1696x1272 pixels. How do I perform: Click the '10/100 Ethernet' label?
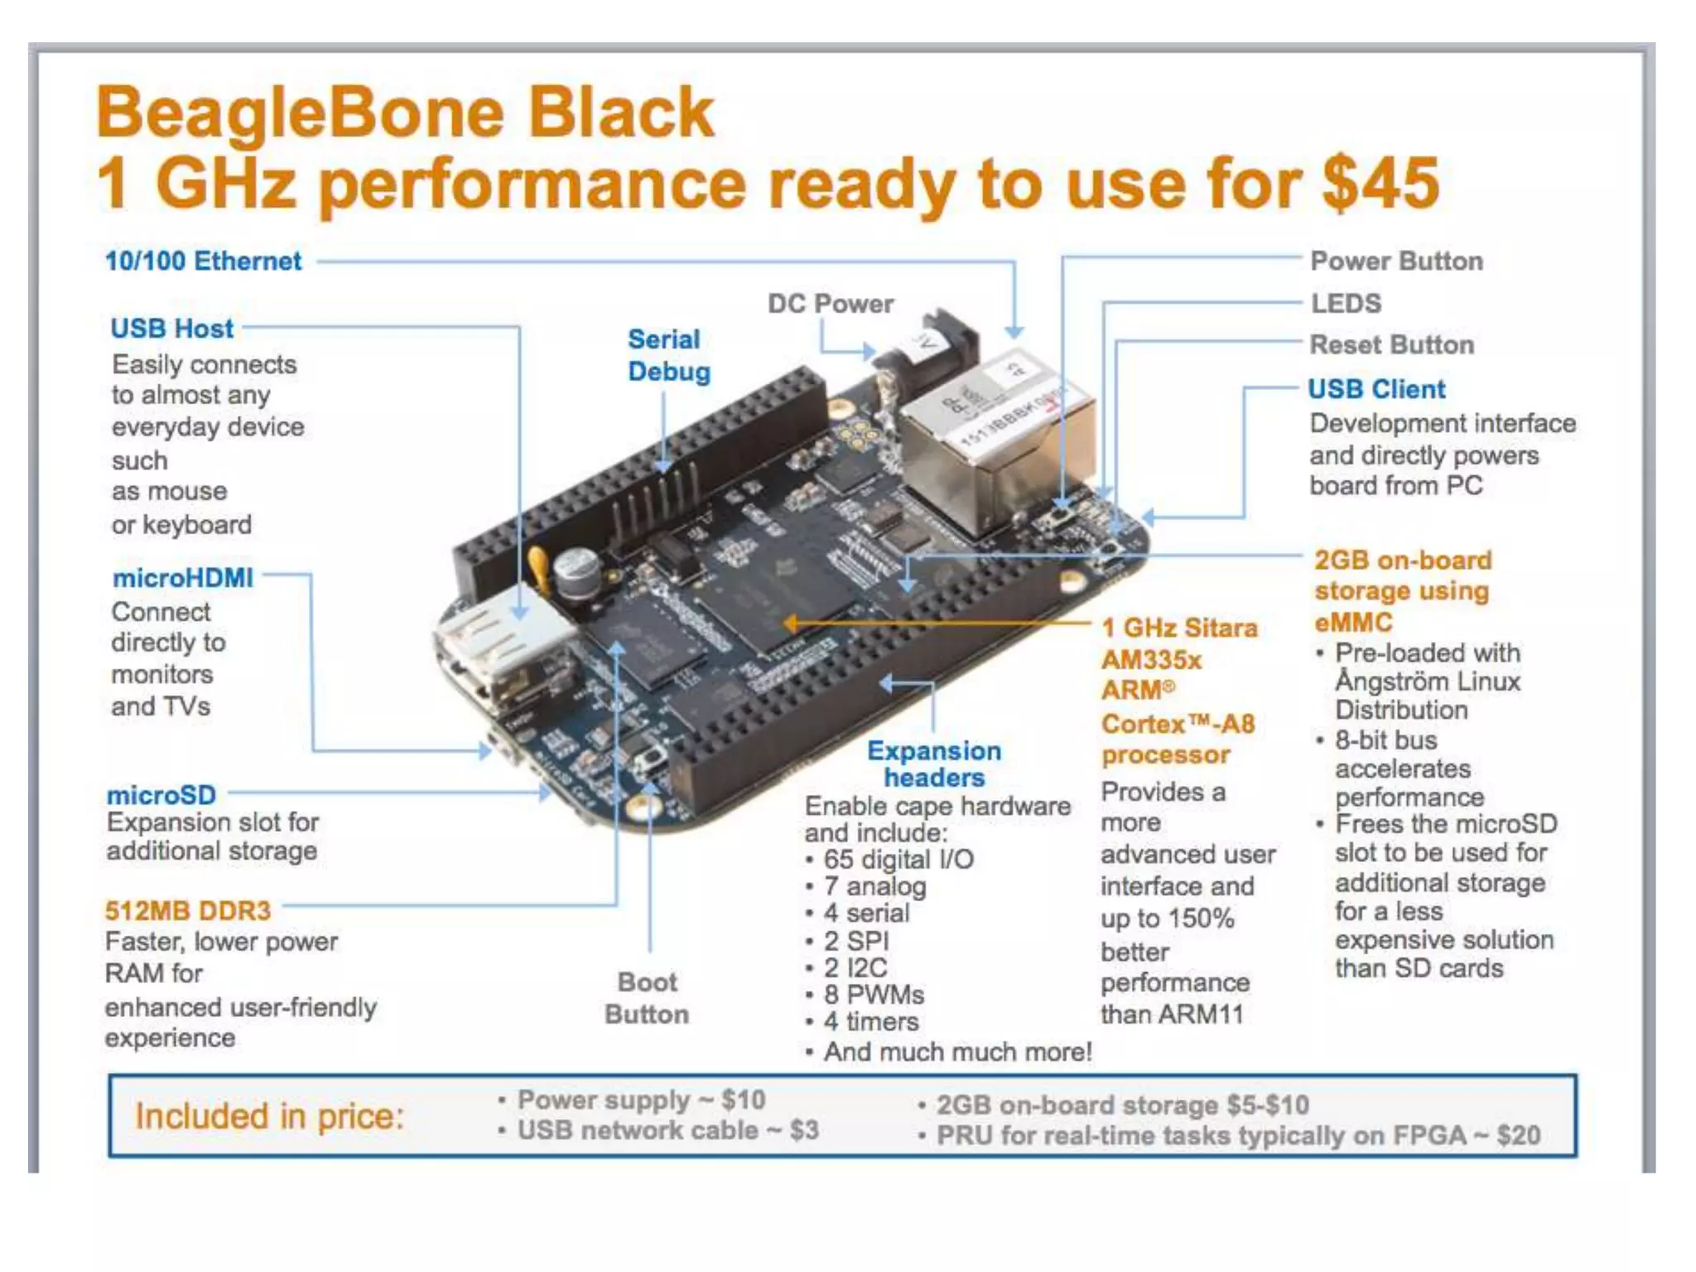click(x=203, y=262)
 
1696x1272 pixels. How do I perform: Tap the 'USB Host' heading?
click(x=172, y=329)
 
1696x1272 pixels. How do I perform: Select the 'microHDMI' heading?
click(x=183, y=578)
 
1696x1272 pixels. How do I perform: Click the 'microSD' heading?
click(x=161, y=795)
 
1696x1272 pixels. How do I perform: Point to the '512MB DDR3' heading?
click(x=188, y=911)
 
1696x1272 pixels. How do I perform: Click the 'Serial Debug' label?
click(x=668, y=355)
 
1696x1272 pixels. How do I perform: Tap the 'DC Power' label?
click(x=831, y=304)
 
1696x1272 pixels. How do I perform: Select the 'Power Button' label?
click(x=1396, y=262)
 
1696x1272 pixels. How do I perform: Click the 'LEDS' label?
click(x=1346, y=304)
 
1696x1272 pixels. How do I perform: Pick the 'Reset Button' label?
click(x=1391, y=345)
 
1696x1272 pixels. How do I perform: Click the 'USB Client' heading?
click(x=1376, y=389)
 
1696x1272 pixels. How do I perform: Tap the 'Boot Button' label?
click(x=647, y=998)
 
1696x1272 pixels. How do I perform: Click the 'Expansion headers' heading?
click(x=934, y=764)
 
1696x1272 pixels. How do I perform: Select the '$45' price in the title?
click(x=1380, y=183)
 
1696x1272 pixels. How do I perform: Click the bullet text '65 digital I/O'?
click(x=899, y=860)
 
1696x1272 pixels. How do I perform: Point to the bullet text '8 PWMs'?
click(x=874, y=995)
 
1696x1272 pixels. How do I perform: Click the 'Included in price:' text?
click(x=270, y=1116)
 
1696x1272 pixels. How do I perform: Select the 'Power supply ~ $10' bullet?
click(x=641, y=1100)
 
